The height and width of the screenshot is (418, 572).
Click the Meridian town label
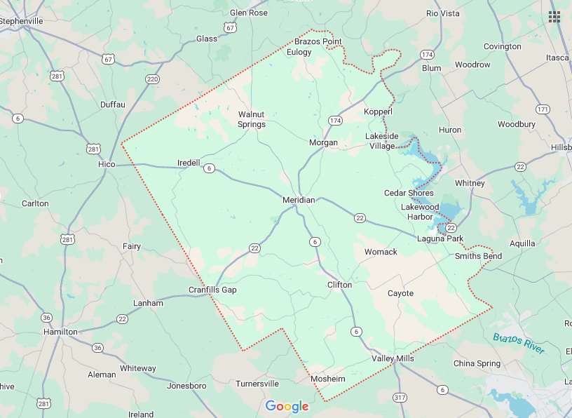point(299,200)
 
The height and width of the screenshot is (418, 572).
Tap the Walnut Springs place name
point(252,119)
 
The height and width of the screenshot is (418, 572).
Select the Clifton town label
point(340,285)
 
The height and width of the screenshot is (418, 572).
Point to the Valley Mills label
point(393,358)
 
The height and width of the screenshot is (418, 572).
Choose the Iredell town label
point(189,163)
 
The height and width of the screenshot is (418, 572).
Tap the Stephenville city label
point(22,21)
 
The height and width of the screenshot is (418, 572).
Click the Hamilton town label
point(61,331)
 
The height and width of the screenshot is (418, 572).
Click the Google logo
point(287,406)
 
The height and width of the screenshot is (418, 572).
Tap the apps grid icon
point(554,17)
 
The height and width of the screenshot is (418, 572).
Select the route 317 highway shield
point(400,398)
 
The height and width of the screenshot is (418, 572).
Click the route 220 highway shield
point(152,79)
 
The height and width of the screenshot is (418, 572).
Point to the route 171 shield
point(542,109)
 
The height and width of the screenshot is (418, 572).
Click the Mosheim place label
point(328,379)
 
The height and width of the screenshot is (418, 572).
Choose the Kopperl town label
point(379,112)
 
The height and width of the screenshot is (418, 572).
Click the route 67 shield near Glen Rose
point(231,27)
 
